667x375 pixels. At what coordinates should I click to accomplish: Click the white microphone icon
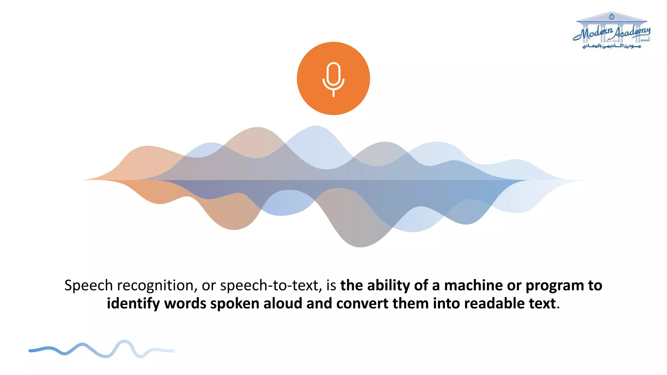click(333, 79)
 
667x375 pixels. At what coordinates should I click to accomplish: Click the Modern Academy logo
click(612, 31)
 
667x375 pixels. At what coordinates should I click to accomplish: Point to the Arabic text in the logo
click(611, 46)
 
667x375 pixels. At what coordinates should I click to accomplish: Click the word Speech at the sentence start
click(88, 285)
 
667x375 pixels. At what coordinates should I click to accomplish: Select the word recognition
click(157, 285)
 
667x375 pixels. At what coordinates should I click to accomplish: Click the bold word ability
click(389, 285)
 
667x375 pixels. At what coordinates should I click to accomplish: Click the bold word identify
click(133, 304)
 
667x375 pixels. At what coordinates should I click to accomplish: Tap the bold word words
click(185, 303)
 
